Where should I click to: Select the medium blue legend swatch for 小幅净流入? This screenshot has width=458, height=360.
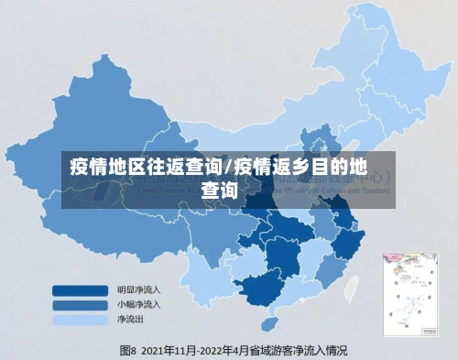81,305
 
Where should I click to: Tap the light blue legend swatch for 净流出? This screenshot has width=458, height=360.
81,321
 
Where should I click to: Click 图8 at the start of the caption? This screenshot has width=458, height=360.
127,350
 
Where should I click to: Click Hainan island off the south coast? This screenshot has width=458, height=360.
267,324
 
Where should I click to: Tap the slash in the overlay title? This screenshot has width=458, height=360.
228,168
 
